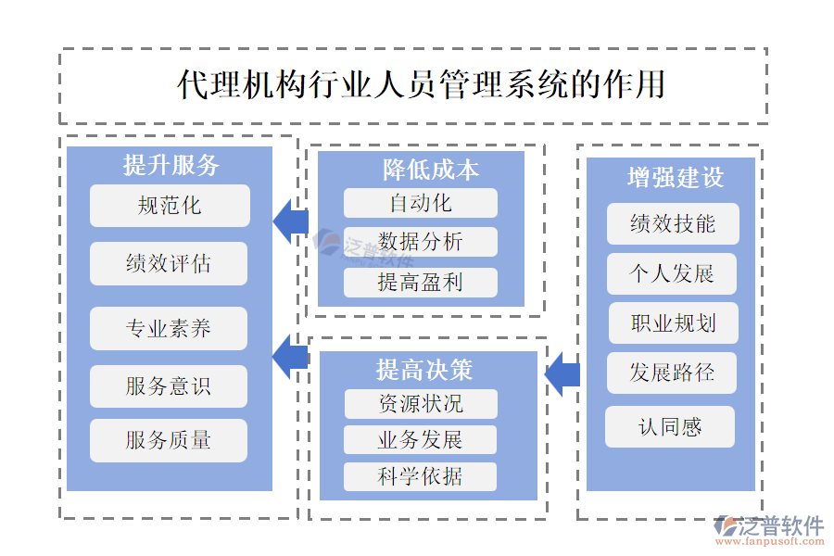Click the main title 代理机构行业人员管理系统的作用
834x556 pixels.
pos(422,84)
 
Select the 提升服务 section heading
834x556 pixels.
pos(171,165)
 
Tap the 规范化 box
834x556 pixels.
pos(170,206)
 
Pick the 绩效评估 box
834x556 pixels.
pos(169,263)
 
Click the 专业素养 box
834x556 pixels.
pos(169,328)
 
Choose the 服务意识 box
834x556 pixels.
pos(169,386)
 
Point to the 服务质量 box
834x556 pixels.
pos(169,440)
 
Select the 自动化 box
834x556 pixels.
pos(420,203)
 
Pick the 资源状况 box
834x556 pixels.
pos(420,404)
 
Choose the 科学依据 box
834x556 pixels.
pos(420,476)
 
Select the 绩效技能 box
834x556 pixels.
pos(673,224)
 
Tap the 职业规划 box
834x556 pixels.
pos(673,323)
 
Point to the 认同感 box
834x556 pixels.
pos(670,427)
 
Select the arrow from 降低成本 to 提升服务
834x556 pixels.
pos(291,221)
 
